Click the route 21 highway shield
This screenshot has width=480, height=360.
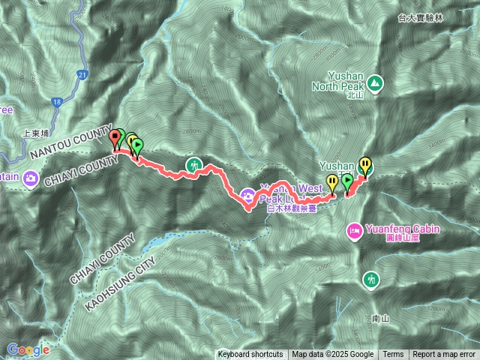[x=82, y=74]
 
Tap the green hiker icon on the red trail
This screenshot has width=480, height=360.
[x=194, y=165]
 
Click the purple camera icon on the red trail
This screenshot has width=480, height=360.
[x=247, y=196]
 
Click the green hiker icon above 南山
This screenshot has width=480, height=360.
[x=371, y=280]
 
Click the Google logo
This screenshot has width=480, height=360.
[x=28, y=349]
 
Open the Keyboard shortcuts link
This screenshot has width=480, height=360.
[x=250, y=355]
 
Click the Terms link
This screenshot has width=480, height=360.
[x=393, y=355]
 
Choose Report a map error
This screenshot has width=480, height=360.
[x=445, y=355]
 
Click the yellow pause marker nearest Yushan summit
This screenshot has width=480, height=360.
[x=365, y=163]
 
